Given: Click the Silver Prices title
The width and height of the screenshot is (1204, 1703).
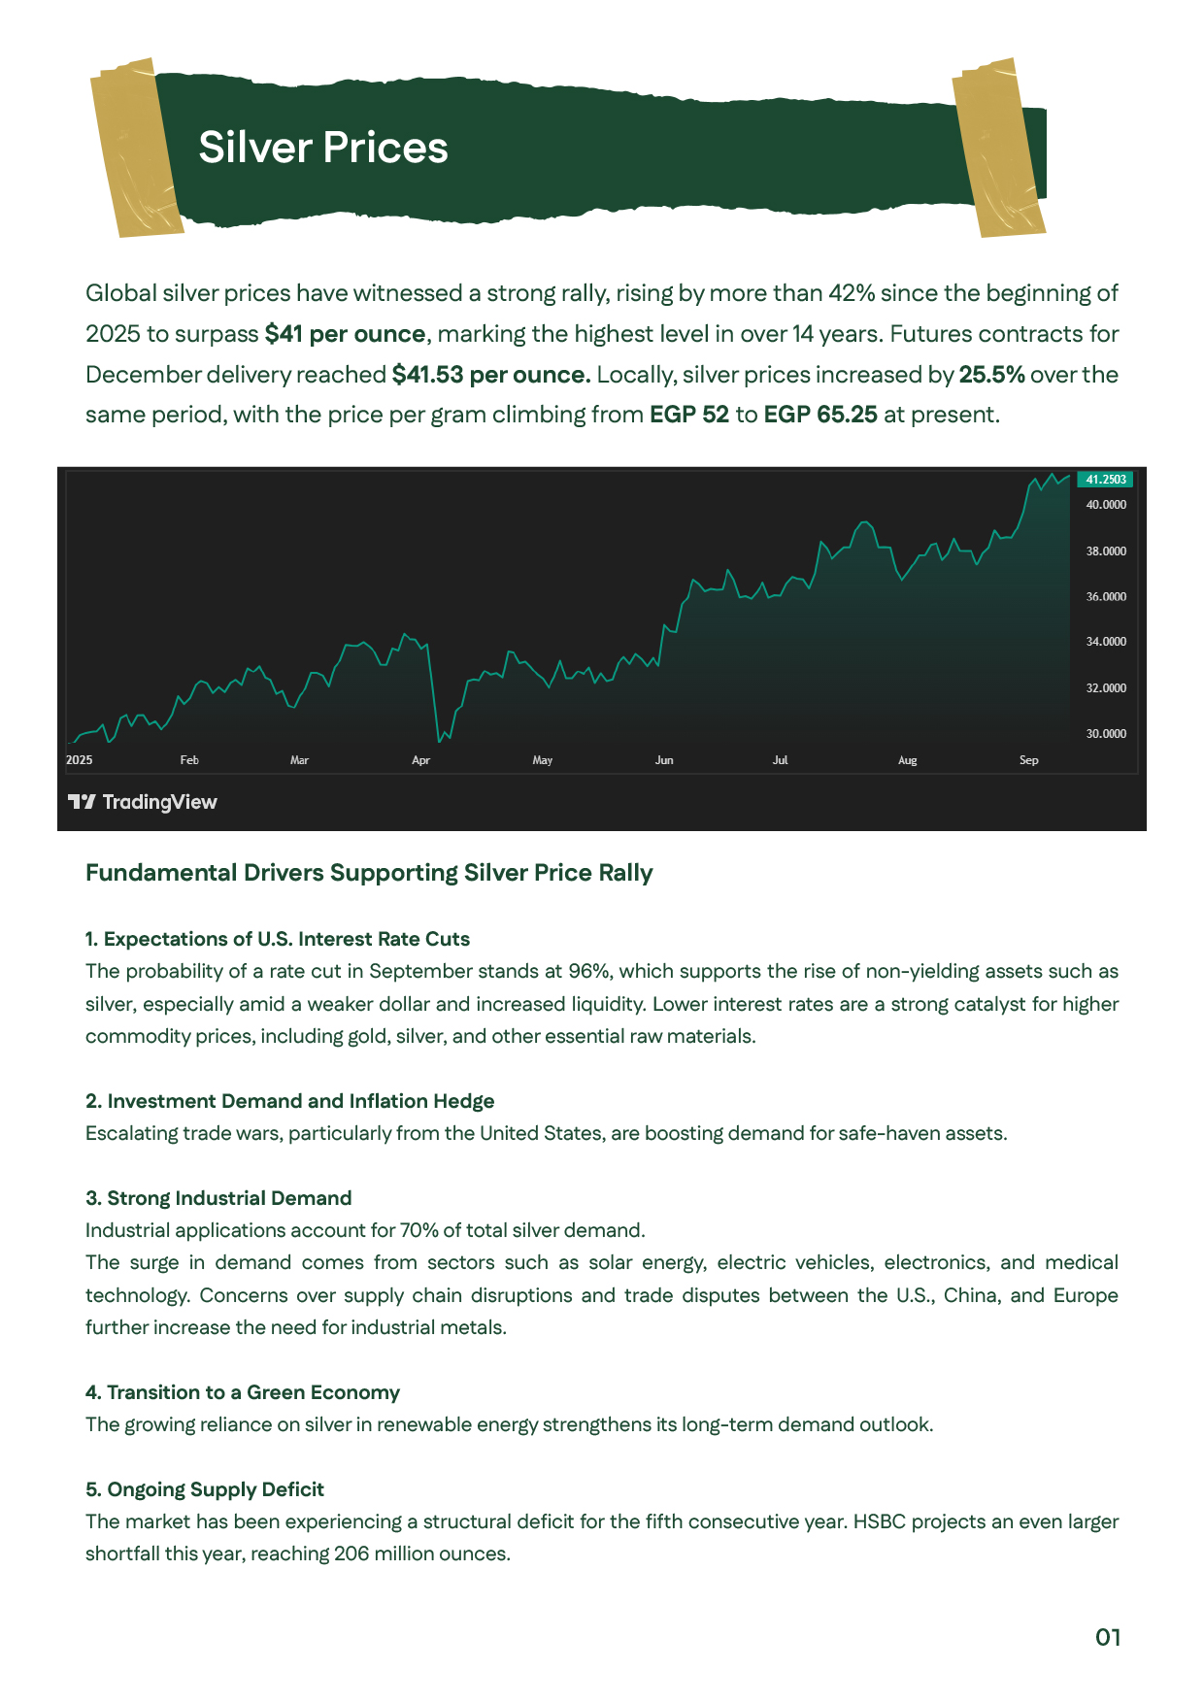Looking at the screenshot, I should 323,148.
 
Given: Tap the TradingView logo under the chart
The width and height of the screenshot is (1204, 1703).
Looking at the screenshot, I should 143,802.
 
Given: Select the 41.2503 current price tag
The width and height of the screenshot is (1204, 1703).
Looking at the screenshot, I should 1105,480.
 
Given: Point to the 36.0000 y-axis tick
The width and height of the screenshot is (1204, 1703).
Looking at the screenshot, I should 1106,596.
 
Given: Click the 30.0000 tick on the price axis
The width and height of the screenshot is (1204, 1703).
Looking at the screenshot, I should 1106,734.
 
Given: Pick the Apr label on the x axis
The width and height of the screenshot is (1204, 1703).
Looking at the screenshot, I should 420,760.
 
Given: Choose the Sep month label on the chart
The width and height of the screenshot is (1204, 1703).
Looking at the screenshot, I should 1028,760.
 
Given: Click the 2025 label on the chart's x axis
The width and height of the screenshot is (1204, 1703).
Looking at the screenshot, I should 80,760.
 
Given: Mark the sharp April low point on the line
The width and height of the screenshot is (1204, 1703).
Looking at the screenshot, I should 440,741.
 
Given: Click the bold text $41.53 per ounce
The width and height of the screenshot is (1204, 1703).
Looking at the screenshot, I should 491,375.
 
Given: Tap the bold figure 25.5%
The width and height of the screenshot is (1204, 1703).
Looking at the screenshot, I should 991,375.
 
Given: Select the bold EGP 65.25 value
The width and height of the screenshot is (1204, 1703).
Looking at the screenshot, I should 820,416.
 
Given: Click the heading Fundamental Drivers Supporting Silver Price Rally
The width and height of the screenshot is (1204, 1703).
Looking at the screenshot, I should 369,873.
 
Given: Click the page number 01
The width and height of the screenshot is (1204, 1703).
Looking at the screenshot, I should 1108,1637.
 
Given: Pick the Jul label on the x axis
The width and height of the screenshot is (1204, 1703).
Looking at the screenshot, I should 780,760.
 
